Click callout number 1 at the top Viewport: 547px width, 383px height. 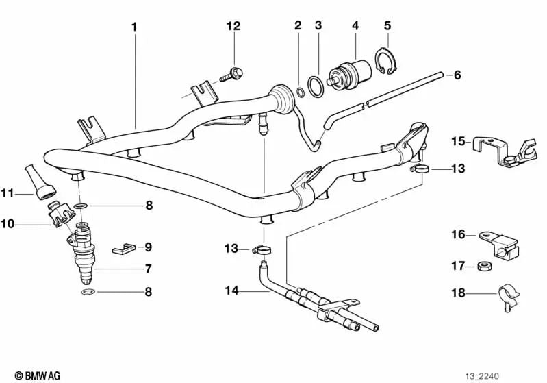tap(134, 27)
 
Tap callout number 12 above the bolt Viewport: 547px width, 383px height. tap(233, 27)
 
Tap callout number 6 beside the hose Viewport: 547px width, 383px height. tap(457, 75)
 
